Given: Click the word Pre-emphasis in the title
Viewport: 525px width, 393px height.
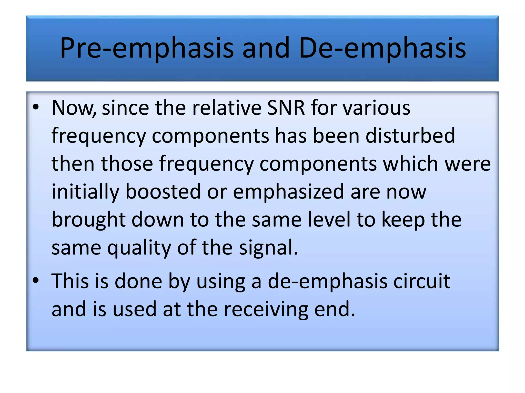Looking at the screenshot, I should pos(147,48).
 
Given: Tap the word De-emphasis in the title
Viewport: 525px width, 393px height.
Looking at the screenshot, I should pos(382,48).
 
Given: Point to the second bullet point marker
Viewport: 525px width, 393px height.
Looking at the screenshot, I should pos(36,280).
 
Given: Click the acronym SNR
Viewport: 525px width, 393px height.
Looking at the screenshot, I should pos(286,107).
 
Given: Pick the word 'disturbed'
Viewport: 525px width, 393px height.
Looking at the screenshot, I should pos(410,135).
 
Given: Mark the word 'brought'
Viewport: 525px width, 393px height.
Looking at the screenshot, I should pos(88,220).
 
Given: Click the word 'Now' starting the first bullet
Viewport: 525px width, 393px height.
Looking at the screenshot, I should pos(73,107).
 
